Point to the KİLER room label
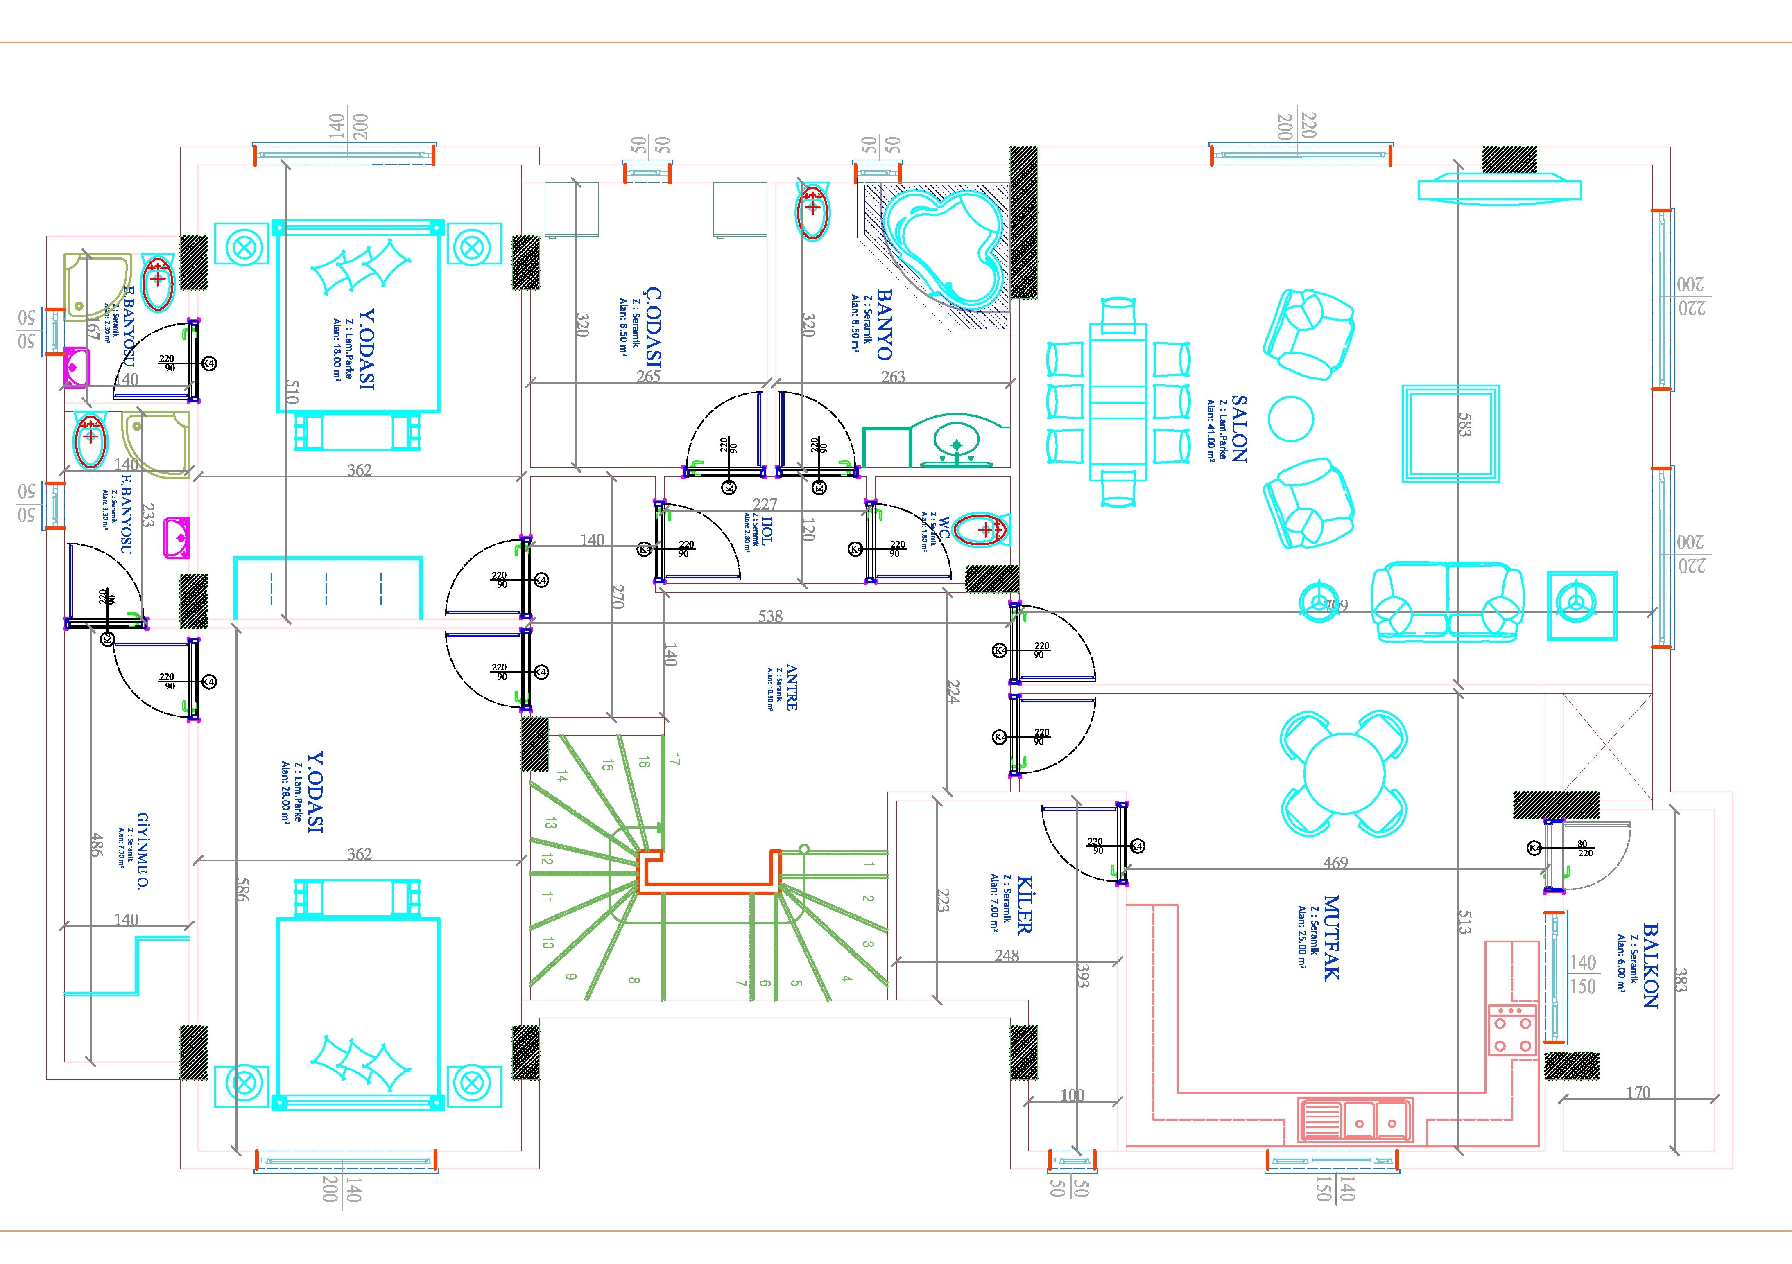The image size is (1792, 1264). click(x=1024, y=905)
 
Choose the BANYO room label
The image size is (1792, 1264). click(x=884, y=324)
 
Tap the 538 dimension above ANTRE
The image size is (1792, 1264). click(x=769, y=616)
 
